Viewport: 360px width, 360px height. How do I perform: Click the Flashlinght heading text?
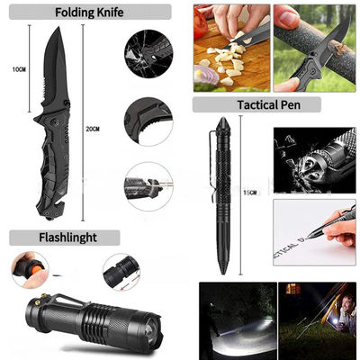tap(67, 238)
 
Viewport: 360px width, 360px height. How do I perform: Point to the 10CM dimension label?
tap(19, 69)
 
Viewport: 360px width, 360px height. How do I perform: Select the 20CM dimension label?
tap(93, 130)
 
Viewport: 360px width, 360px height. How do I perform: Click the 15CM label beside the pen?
tap(249, 193)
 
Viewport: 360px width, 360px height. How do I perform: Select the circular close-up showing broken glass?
tap(148, 54)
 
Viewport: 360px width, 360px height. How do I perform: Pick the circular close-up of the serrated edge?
tap(148, 121)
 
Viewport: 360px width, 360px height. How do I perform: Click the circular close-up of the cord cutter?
tap(148, 186)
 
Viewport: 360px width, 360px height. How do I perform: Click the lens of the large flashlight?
tap(149, 330)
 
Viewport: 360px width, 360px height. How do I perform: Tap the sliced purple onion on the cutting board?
tap(205, 75)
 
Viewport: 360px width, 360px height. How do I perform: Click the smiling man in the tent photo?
tap(347, 308)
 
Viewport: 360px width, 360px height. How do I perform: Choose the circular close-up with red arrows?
tap(121, 273)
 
